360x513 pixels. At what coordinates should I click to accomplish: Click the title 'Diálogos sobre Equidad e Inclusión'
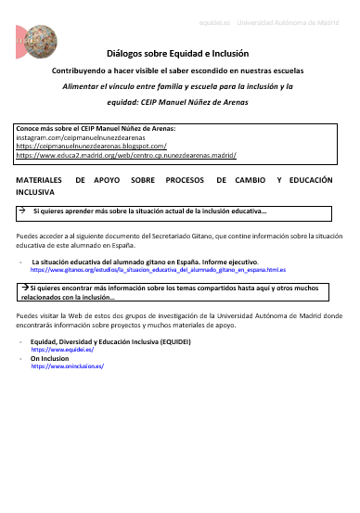click(x=180, y=55)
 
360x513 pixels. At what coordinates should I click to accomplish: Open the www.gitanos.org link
click(x=158, y=269)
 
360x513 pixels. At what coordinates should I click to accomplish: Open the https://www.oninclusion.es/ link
click(x=68, y=366)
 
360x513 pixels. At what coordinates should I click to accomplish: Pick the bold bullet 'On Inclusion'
click(x=50, y=358)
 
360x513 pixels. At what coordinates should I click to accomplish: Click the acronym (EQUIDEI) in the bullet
click(x=172, y=341)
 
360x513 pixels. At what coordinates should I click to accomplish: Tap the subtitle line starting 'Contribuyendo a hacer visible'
click(x=180, y=71)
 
